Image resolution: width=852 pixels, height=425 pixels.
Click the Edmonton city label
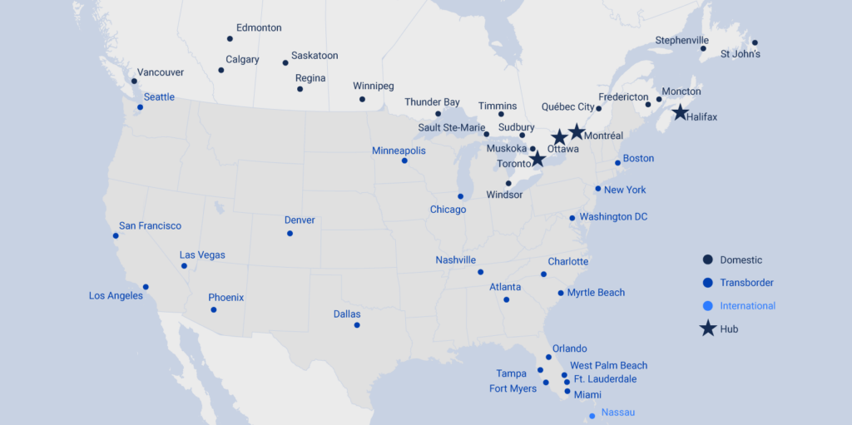[x=259, y=27]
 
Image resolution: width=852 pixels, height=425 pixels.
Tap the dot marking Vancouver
[x=134, y=81]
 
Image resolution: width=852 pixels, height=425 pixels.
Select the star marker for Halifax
[x=680, y=112]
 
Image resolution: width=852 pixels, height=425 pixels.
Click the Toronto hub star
[x=537, y=158]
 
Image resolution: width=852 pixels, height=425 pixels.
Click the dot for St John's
[x=755, y=42]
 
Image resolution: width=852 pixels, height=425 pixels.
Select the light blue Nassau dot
[x=592, y=416]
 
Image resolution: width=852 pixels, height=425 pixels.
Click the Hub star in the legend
[x=707, y=329]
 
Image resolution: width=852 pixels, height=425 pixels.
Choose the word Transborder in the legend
[x=747, y=283]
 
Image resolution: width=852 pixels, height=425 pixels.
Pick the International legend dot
[x=707, y=306]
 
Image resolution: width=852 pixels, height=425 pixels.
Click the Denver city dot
[x=290, y=233]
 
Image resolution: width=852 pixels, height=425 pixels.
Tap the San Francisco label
[x=150, y=225]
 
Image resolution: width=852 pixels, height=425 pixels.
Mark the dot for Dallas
[x=357, y=325]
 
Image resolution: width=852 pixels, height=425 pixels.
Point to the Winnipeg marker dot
[x=362, y=99]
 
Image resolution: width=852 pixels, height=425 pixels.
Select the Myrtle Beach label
[x=596, y=293]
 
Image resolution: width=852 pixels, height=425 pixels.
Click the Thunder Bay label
[x=432, y=102]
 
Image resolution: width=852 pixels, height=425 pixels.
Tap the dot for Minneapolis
[x=404, y=161]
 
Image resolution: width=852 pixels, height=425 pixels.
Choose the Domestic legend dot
[x=707, y=259]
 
